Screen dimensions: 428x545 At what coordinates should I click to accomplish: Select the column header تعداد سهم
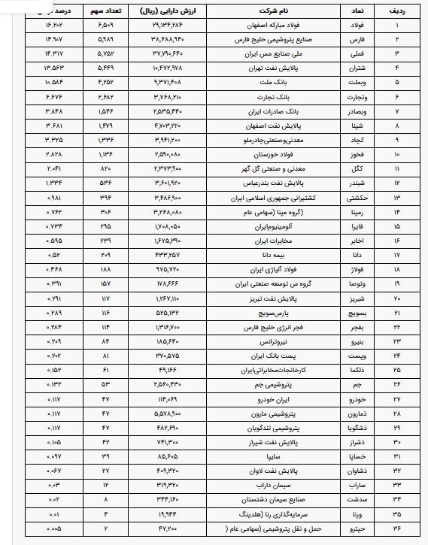105,13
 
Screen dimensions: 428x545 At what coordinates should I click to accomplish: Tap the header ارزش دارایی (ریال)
166,13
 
